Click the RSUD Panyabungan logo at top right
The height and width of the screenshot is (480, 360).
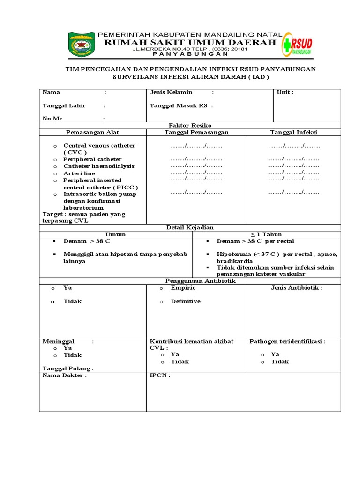click(299, 45)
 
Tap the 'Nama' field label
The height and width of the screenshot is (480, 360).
click(51, 92)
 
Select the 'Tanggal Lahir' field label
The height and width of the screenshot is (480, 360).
click(64, 105)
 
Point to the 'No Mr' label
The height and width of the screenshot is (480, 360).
click(52, 119)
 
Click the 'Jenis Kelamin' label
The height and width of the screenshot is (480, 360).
click(171, 92)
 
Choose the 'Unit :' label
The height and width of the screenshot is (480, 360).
click(285, 92)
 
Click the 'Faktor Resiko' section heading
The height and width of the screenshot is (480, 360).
click(190, 125)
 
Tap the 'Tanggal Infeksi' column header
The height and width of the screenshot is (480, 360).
click(293, 132)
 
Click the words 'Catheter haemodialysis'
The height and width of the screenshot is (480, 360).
click(99, 166)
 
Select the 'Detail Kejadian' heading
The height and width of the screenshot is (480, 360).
click(190, 227)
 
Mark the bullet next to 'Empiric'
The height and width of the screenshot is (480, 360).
click(161, 288)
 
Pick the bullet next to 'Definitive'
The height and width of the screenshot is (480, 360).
click(161, 301)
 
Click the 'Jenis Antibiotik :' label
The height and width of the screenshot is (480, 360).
click(297, 288)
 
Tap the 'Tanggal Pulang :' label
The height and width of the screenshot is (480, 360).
click(68, 368)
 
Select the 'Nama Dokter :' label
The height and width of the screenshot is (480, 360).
click(65, 375)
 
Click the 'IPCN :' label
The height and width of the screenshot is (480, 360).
click(160, 375)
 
